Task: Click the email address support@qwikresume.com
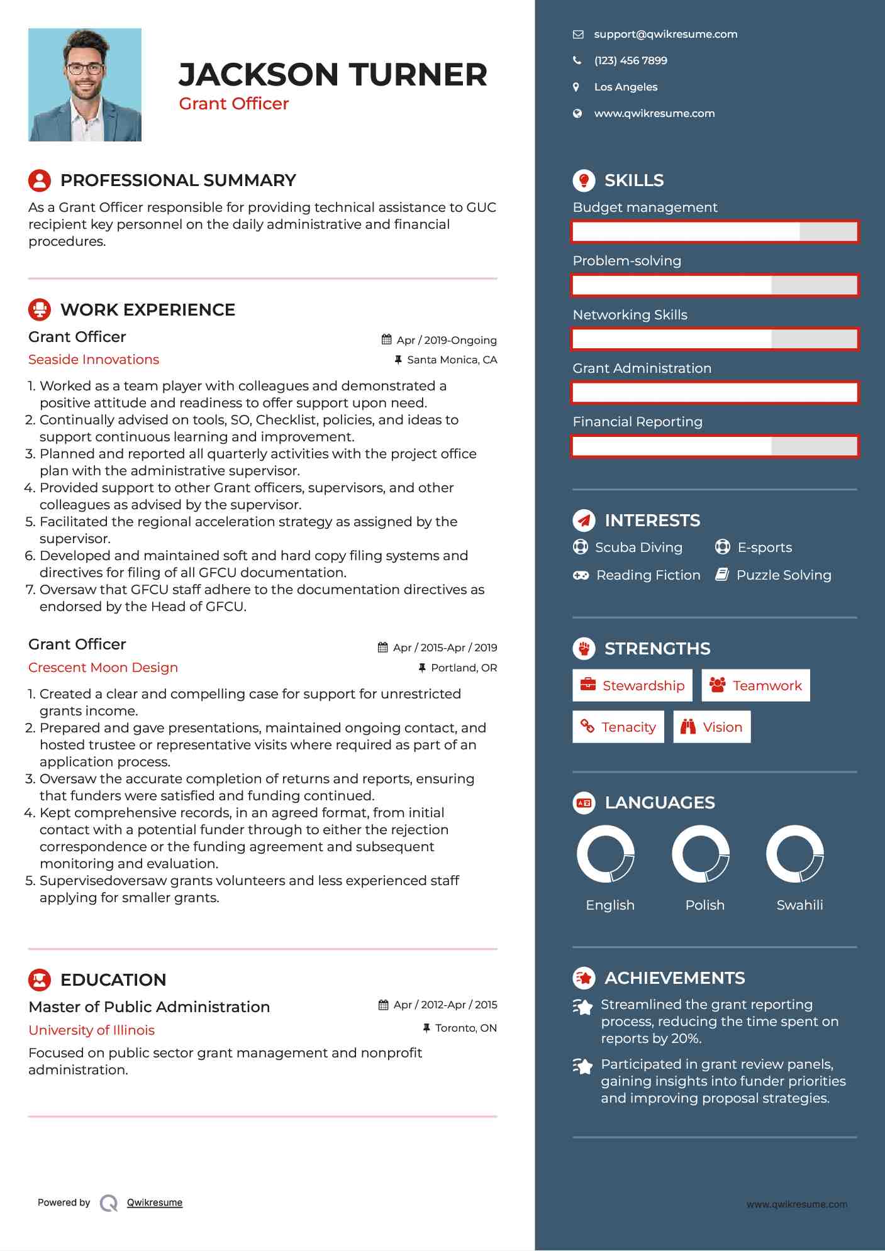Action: click(x=665, y=35)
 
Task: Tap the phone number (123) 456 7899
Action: click(x=630, y=61)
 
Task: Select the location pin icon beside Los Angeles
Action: click(x=576, y=87)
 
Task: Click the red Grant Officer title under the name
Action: click(x=233, y=104)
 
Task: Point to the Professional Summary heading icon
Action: click(x=40, y=180)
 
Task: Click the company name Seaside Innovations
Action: click(x=94, y=360)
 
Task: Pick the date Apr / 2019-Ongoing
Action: click(x=446, y=340)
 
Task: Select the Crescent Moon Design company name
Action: click(x=103, y=668)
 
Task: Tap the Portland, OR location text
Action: click(x=464, y=668)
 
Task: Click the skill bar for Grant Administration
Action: click(x=715, y=393)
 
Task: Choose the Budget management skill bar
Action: click(x=715, y=232)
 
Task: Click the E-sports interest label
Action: click(x=764, y=548)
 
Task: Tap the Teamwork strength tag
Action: click(x=755, y=686)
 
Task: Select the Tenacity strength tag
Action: click(x=618, y=727)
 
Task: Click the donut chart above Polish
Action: click(x=701, y=854)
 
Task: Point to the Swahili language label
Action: click(x=799, y=905)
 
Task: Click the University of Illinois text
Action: click(x=92, y=1030)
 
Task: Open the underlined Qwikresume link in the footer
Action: click(x=155, y=1203)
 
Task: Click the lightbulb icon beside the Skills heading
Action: click(x=584, y=180)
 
